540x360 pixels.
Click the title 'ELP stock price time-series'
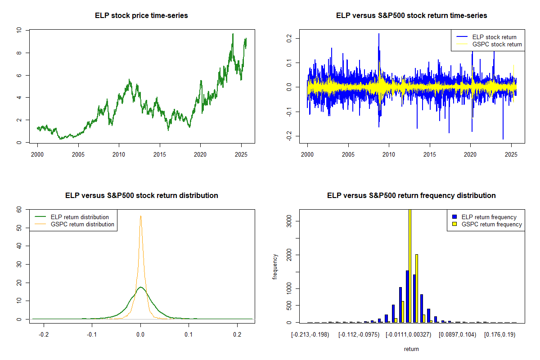coord(141,16)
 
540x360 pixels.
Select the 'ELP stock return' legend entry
coord(494,37)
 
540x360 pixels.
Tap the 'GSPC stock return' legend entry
coord(497,44)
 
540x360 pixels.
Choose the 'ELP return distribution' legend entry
coord(80,217)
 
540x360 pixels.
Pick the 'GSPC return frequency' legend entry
coord(492,224)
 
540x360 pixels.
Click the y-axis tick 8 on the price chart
coord(19,53)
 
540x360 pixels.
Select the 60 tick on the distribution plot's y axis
coord(19,209)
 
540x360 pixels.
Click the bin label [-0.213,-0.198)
coord(310,335)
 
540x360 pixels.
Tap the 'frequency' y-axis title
coord(275,266)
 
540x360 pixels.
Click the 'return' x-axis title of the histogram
coord(411,349)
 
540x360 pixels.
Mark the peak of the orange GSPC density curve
coord(141,216)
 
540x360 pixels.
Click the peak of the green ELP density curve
coord(141,287)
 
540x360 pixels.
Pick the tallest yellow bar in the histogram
coord(409,265)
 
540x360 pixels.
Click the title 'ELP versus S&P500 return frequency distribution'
coord(411,196)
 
